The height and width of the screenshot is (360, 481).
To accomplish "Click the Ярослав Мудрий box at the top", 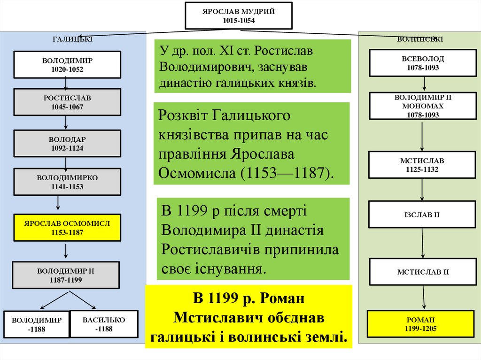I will [239, 15].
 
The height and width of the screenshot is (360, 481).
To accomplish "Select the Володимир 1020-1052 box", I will [67, 65].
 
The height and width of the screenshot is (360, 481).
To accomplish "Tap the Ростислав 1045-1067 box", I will [67, 102].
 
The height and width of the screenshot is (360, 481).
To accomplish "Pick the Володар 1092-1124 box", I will [67, 144].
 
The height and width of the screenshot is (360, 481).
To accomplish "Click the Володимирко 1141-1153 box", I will [67, 182].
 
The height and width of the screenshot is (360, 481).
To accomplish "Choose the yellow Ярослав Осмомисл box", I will [67, 228].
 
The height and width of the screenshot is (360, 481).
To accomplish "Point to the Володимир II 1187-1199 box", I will [66, 275].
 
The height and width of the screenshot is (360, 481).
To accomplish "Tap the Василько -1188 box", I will [104, 324].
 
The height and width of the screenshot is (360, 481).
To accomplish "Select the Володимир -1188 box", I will [37, 324].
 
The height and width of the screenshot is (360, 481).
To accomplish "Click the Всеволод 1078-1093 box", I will [423, 63].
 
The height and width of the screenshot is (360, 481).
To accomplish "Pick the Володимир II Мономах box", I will [423, 106].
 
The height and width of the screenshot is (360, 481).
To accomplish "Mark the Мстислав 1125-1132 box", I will [422, 165].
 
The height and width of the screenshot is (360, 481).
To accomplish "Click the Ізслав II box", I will [422, 214].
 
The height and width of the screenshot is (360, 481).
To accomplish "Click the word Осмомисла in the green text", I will [198, 173].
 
